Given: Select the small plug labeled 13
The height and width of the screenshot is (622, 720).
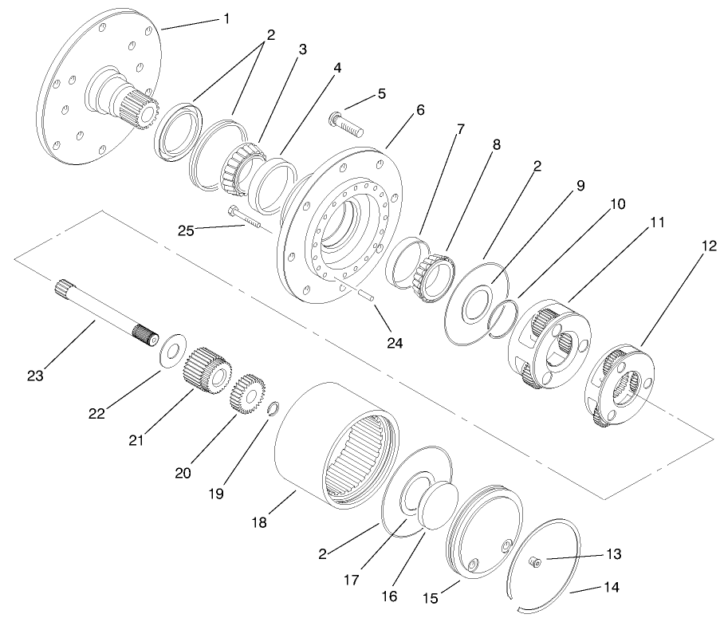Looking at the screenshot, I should pos(537,564).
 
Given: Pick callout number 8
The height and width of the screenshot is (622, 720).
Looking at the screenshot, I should pos(496,147).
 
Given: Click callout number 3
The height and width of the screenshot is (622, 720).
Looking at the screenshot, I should pos(301,49).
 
